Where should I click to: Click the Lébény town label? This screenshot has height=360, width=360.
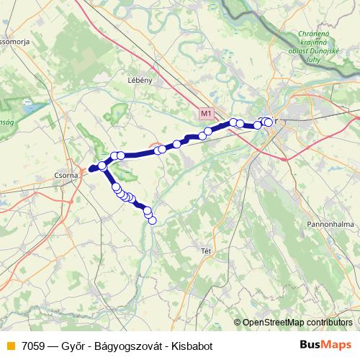pos(139,80)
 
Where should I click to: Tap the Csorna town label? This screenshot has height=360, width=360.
pos(67,174)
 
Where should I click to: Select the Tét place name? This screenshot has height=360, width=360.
pos(206,251)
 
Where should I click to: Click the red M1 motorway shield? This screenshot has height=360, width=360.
pos(207,114)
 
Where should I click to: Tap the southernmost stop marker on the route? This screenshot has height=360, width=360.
pos(152,220)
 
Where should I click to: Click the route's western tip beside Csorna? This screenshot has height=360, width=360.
pos(90,170)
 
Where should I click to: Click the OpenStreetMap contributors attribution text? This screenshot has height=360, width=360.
pos(298,323)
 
